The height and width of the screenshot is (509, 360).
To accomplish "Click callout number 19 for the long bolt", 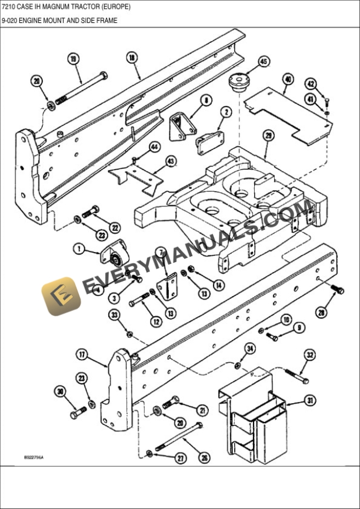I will click(74, 58).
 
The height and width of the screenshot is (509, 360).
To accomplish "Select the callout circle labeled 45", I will click(263, 62).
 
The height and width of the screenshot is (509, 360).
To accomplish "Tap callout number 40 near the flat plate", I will click(288, 78).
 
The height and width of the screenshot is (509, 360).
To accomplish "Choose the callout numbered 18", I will click(132, 57).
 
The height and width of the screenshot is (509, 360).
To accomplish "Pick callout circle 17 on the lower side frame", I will click(82, 354).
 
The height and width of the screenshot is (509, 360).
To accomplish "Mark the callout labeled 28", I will click(321, 313).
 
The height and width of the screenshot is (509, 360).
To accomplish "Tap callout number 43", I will click(171, 160).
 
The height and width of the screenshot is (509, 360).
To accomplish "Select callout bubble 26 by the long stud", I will click(204, 458).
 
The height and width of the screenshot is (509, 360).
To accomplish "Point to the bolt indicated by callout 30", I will click(78, 414).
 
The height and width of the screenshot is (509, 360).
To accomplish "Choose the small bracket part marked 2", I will click(209, 142).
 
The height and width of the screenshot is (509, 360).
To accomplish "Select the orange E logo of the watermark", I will click(61, 296).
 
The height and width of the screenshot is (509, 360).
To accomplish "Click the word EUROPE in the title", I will click(115, 8).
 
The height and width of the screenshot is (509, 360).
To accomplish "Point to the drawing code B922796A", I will click(34, 457).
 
